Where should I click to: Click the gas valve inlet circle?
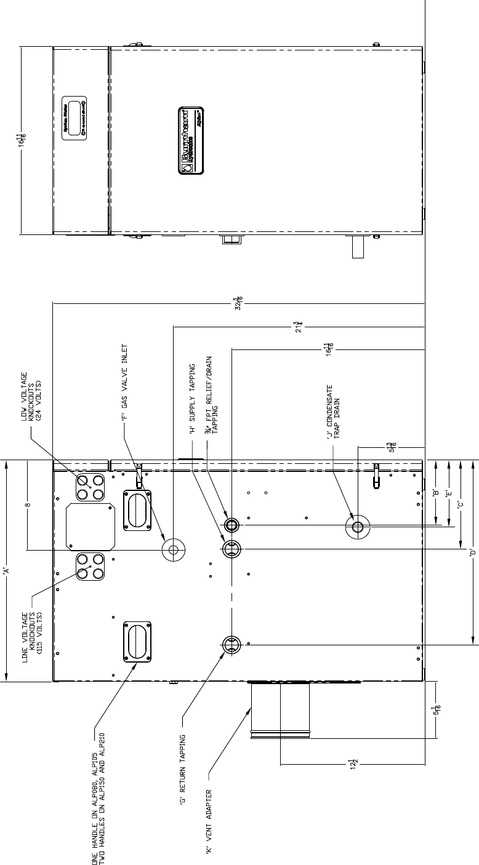coord(172,549)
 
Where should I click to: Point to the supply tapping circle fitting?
coord(232,549)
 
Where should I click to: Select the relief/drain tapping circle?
coord(232,525)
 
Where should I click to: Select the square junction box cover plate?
coord(91,527)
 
